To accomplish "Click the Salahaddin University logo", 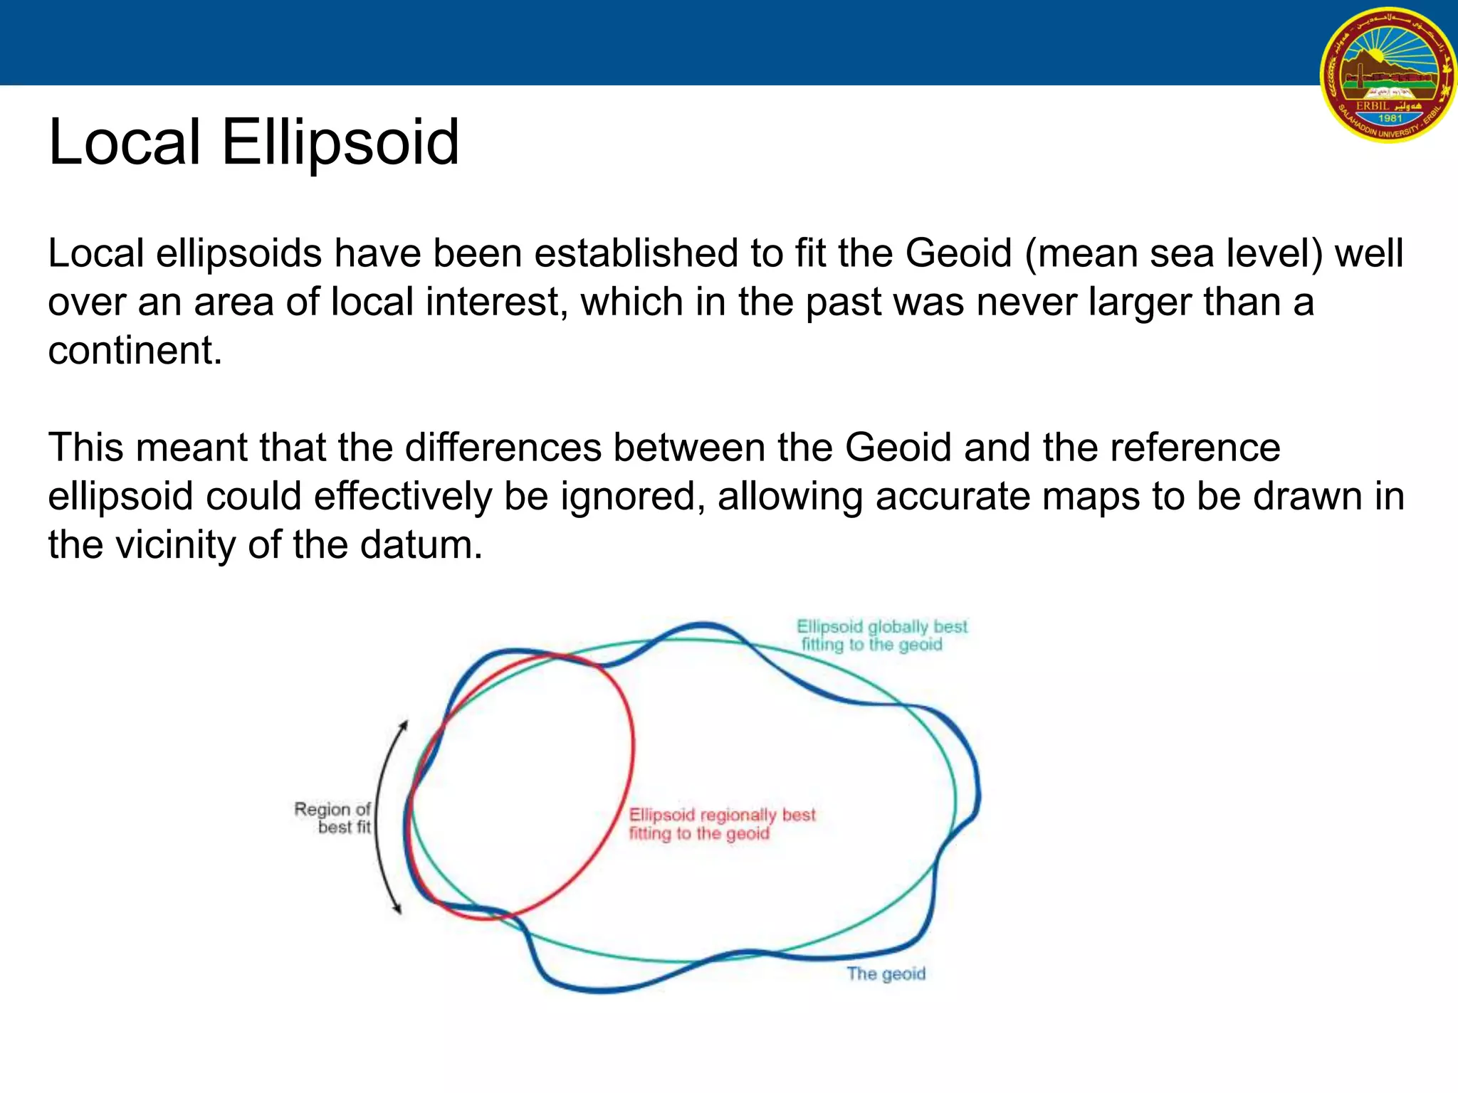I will pos(1389,75).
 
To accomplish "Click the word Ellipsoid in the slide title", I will pos(340,142).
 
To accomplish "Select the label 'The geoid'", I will pos(886,973).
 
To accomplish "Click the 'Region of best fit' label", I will pos(333,818).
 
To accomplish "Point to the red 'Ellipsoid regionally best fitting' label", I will pos(720,824).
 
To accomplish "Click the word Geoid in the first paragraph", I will pos(958,253).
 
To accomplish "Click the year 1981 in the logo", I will pos(1390,119).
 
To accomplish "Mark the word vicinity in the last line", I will pos(175,545).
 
